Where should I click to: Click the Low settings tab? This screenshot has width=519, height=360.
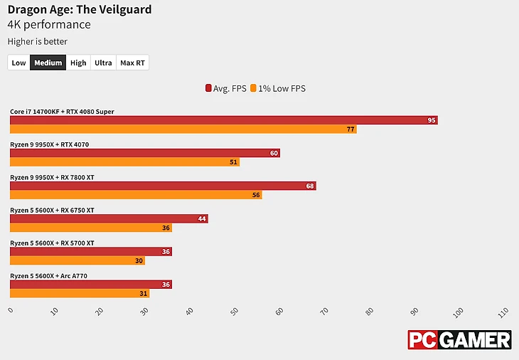click(18, 63)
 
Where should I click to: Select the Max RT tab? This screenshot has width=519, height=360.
click(132, 63)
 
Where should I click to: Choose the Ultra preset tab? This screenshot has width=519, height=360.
click(103, 63)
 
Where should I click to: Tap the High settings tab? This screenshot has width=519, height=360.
click(78, 63)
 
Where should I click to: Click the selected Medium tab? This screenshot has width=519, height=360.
click(48, 63)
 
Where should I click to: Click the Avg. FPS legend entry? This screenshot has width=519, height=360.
click(225, 89)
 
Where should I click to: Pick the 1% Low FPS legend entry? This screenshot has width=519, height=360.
click(278, 89)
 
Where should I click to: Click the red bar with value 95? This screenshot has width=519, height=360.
click(223, 120)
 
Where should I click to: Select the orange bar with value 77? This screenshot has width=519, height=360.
click(183, 129)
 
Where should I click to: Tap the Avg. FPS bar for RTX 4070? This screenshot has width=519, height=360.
click(144, 153)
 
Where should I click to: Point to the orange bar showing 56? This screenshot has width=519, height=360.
click(136, 195)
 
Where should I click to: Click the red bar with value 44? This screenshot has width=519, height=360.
click(109, 218)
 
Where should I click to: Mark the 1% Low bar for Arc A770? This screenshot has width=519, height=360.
click(80, 293)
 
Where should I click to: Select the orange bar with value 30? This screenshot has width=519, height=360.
click(77, 260)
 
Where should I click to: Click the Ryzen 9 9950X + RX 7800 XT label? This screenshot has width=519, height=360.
click(52, 177)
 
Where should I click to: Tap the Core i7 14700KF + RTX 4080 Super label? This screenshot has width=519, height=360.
click(62, 112)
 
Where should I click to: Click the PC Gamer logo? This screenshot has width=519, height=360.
click(459, 339)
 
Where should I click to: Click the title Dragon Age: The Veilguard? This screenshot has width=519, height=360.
click(79, 10)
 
